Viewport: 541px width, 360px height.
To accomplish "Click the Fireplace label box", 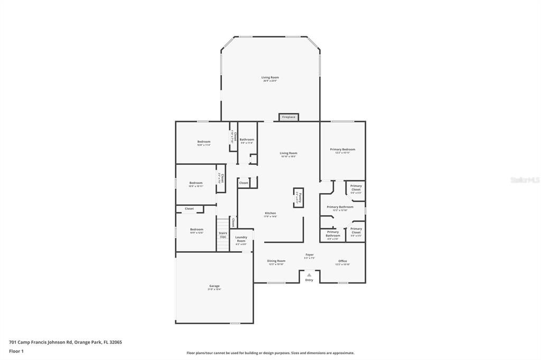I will point(289,117).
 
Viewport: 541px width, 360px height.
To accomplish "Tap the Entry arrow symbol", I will point(309,274).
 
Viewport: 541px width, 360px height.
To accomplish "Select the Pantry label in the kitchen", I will point(299,196).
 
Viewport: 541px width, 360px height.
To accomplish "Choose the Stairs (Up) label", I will point(223,234).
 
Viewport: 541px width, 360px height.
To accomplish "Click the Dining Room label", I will point(276,261).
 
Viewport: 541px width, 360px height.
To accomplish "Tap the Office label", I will point(342,261).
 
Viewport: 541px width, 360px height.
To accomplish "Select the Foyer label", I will point(310,255).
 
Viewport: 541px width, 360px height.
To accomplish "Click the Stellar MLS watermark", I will point(524,180).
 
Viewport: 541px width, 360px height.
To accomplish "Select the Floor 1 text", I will point(16,350).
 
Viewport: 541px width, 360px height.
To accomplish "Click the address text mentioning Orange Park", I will point(66,342).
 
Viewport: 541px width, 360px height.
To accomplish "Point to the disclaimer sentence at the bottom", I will point(270,353).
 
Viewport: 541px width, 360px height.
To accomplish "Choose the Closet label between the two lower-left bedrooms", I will point(189,209).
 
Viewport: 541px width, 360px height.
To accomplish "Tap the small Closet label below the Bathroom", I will point(244,183).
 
